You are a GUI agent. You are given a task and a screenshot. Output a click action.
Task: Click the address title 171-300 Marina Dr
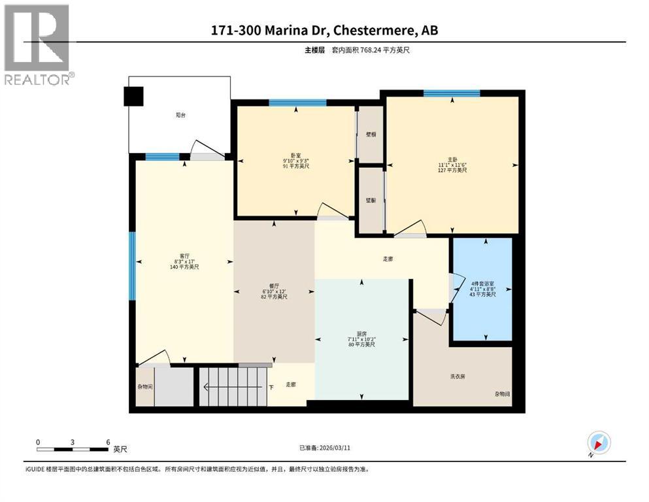pos(324,31)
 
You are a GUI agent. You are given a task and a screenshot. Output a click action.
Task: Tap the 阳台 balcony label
pos(180,115)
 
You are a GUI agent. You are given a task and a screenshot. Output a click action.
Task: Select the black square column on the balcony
pos(133,96)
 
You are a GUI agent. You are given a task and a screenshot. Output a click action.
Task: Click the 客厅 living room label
pos(184,256)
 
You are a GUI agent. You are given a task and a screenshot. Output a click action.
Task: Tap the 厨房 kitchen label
pos(361,333)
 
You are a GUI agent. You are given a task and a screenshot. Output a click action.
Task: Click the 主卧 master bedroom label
pos(452,159)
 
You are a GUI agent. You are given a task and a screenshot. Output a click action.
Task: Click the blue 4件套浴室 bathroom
pos(483,289)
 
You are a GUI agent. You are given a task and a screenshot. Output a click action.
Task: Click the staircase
pos(234,386)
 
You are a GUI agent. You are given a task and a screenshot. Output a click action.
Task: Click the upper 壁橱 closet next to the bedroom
pos(371,134)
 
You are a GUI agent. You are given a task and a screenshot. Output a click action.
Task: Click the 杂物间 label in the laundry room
pos(502,394)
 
